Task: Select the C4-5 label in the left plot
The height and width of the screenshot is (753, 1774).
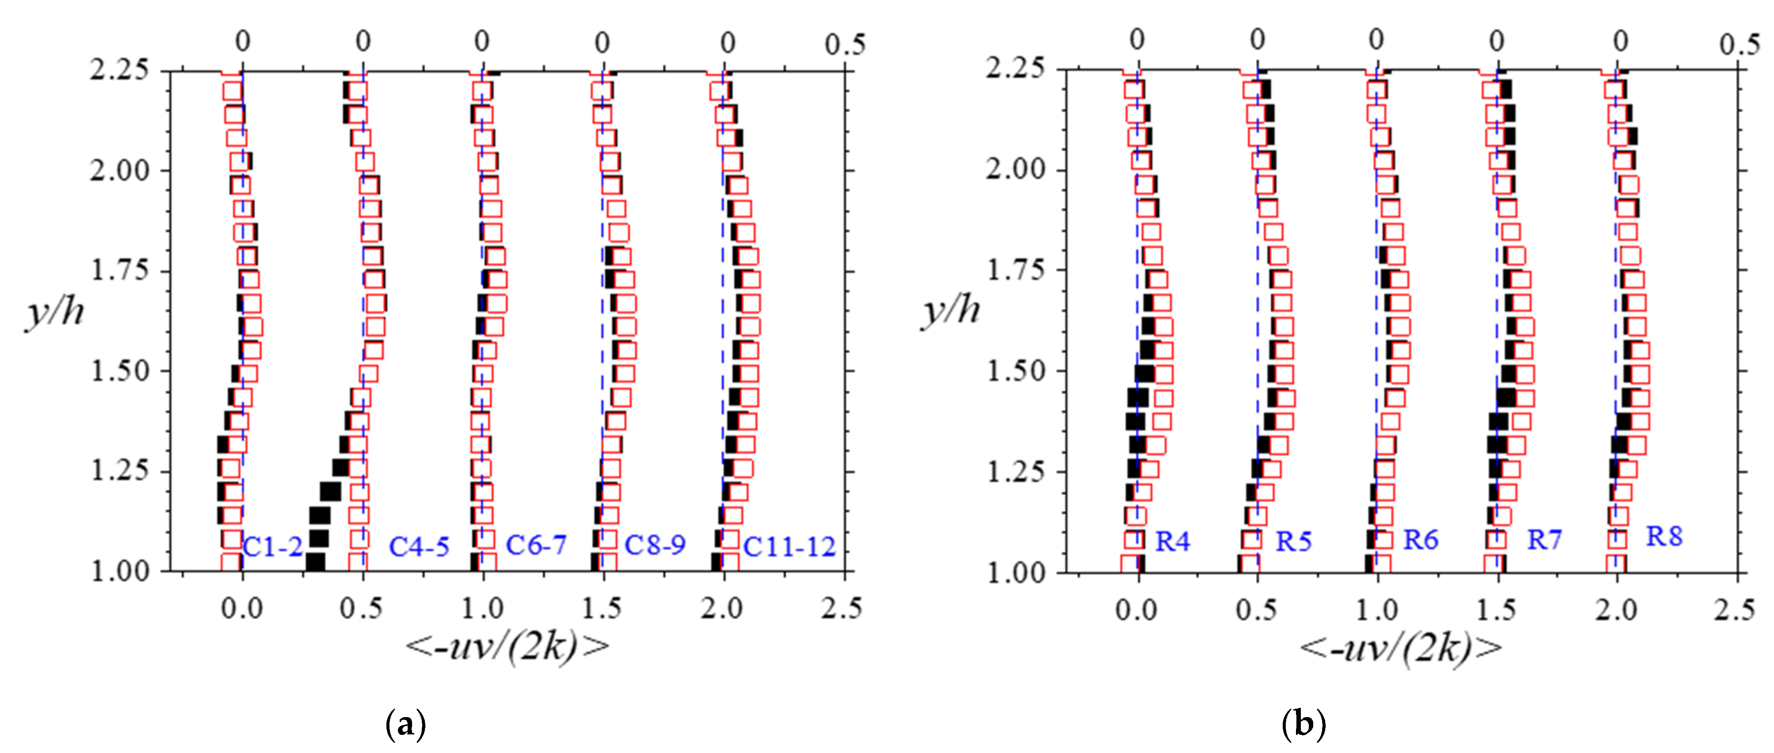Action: (x=419, y=546)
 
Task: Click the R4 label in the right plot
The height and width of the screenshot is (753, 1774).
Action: (x=1172, y=542)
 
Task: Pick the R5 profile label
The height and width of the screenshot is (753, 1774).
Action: (x=1293, y=542)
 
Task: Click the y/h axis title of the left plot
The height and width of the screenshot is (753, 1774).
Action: (x=55, y=312)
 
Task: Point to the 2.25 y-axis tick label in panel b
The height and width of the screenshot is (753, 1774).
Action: (x=1015, y=69)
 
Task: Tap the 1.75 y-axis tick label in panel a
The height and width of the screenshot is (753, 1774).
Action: (x=120, y=271)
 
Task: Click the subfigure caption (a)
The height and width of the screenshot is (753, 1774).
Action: (x=405, y=725)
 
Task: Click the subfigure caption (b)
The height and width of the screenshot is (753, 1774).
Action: (x=1303, y=725)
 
